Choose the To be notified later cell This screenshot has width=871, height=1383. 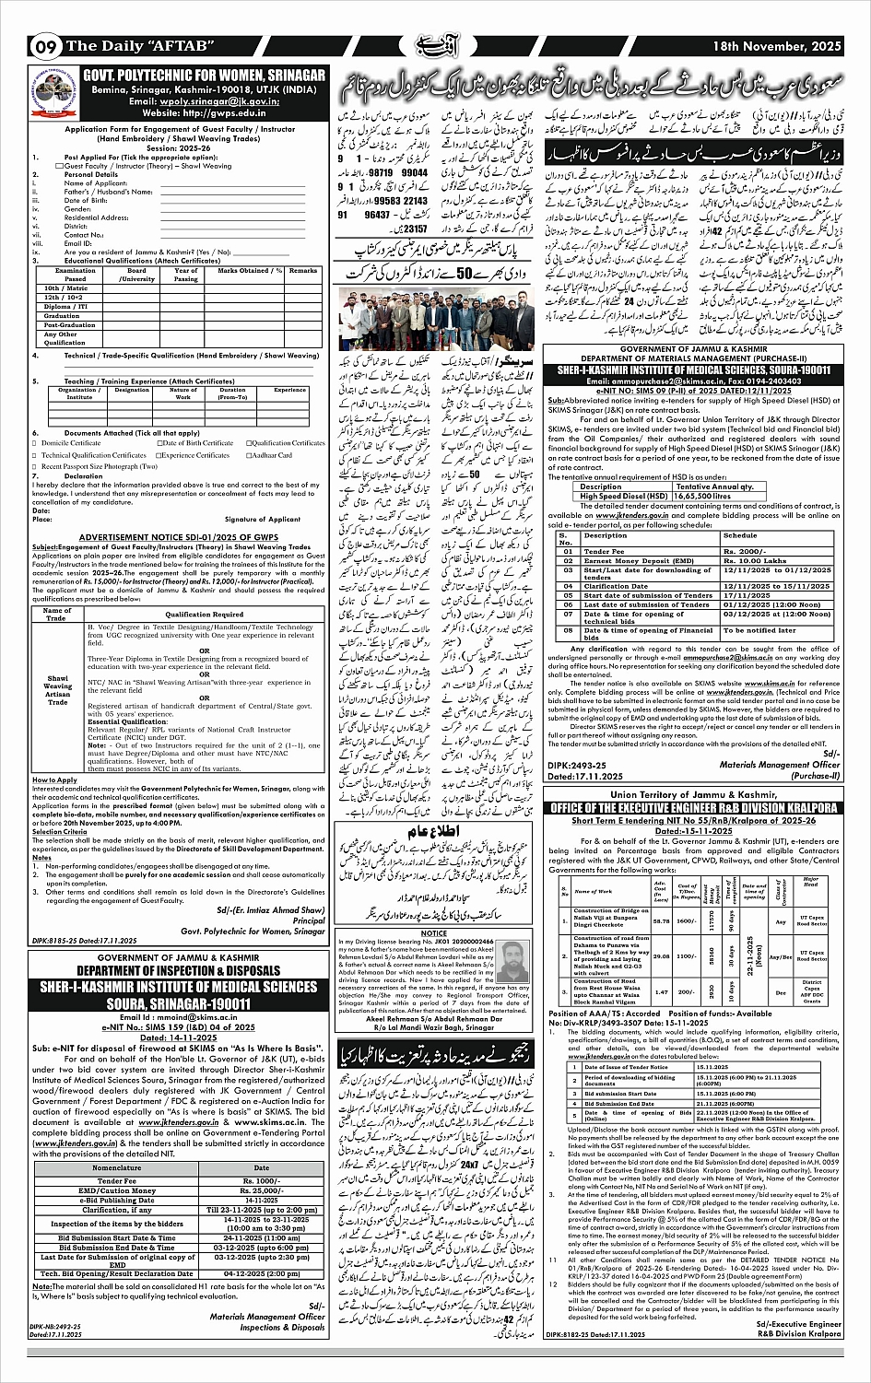pos(763,630)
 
